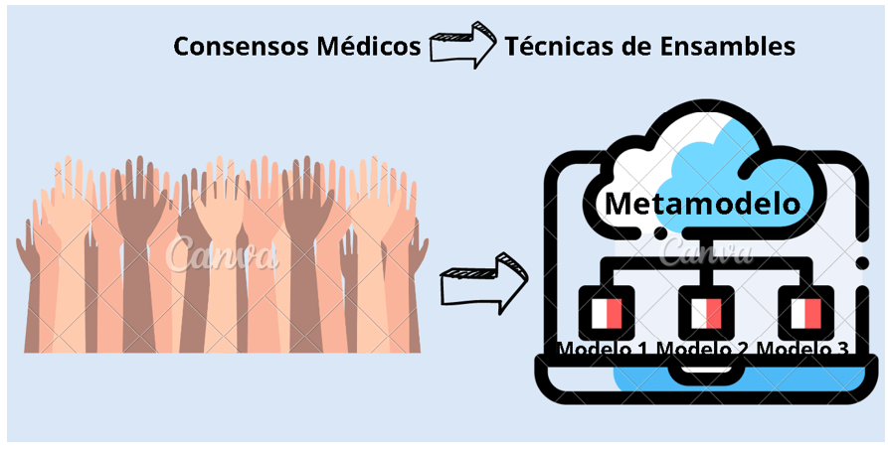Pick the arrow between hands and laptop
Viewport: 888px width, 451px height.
[x=484, y=283]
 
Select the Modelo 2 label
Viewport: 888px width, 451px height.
[x=704, y=349]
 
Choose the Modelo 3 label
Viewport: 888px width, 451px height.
[x=801, y=349]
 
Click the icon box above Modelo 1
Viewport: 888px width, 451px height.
[x=606, y=314]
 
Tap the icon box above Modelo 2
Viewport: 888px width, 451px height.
[x=705, y=314]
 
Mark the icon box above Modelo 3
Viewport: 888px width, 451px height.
[x=804, y=314]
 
